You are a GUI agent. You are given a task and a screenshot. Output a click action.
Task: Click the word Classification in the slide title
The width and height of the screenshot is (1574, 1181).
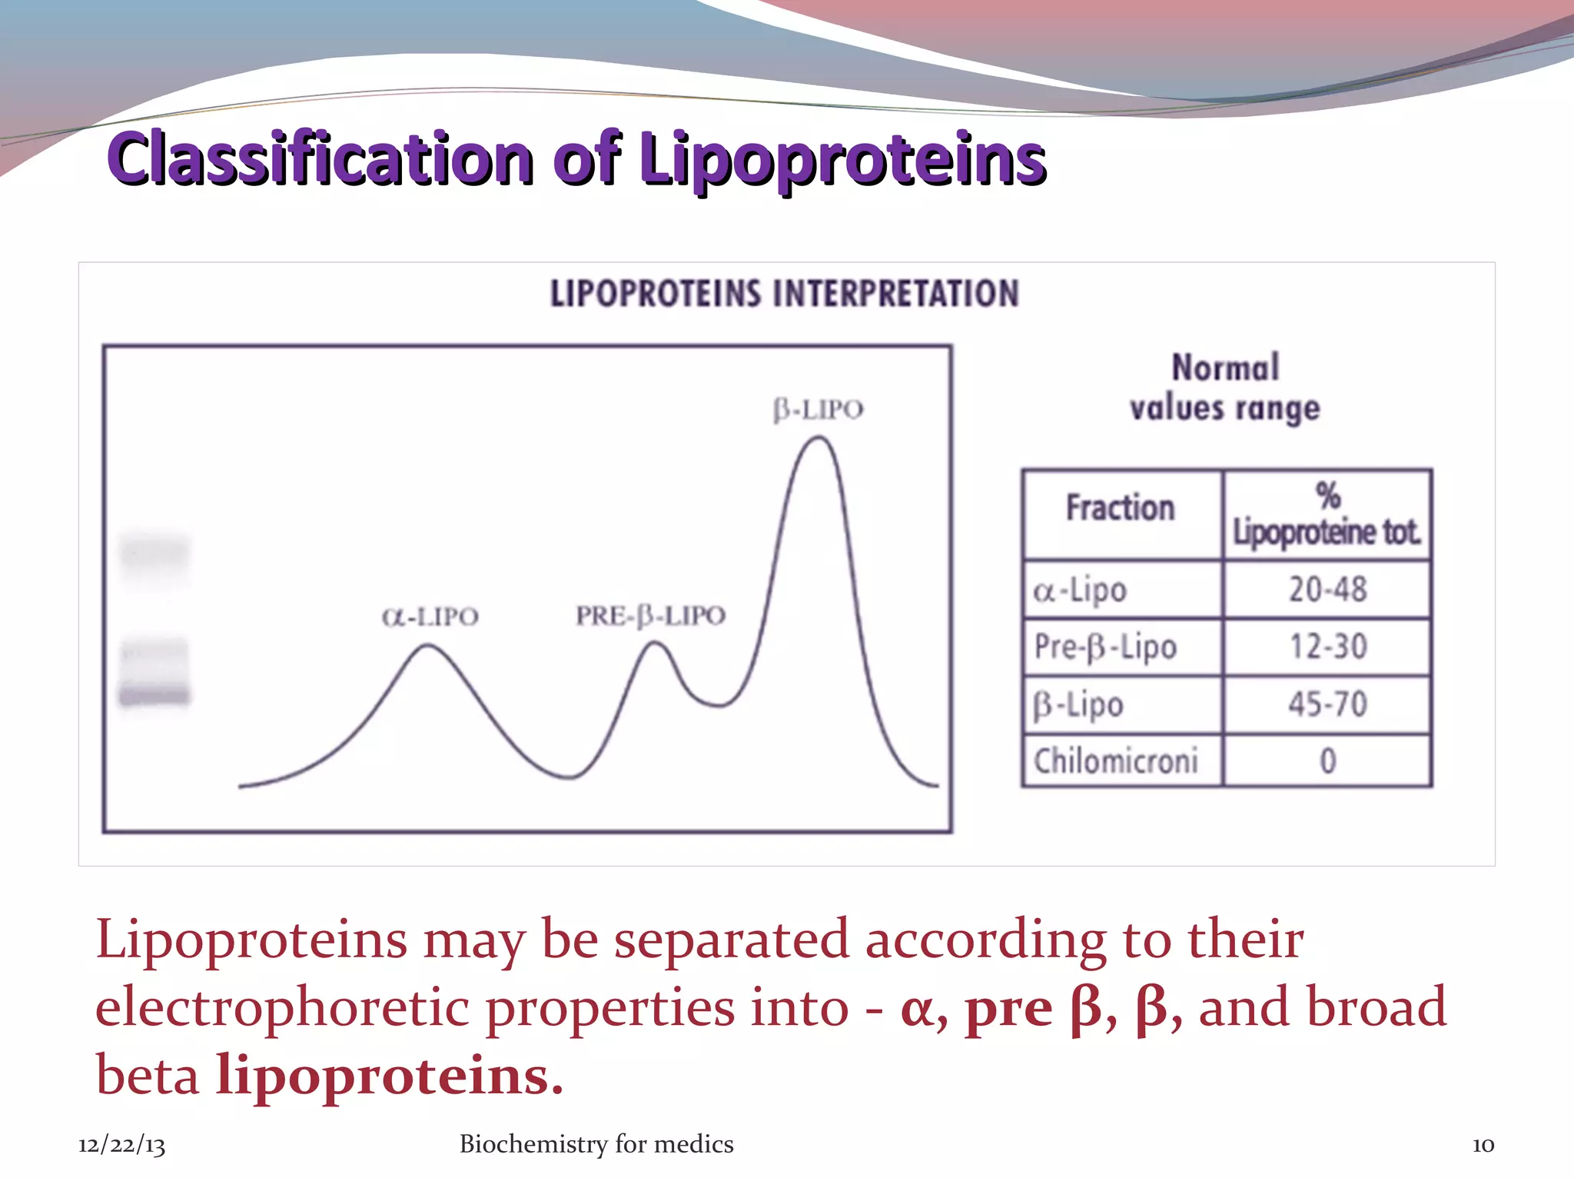(x=320, y=158)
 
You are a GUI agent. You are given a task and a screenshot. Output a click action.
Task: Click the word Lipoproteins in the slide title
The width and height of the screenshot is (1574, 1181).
(x=842, y=158)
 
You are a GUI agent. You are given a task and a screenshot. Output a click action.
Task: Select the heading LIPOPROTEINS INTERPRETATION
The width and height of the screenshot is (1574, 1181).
(x=784, y=294)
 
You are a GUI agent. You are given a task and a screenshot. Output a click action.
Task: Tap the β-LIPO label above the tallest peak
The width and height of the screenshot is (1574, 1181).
(x=818, y=410)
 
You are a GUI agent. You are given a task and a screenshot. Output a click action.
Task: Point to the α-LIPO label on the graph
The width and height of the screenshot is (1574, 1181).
(x=430, y=617)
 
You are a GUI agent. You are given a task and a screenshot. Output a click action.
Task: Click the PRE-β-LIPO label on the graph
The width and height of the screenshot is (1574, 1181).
(x=650, y=616)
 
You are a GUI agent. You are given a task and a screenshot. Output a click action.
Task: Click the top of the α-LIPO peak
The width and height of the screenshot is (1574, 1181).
(x=427, y=647)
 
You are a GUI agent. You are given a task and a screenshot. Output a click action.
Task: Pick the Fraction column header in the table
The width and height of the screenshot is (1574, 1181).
(x=1120, y=508)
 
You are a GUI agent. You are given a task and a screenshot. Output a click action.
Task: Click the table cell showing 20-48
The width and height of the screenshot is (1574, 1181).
(x=1327, y=590)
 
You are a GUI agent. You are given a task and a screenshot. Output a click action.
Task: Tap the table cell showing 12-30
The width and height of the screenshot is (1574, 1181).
(x=1327, y=647)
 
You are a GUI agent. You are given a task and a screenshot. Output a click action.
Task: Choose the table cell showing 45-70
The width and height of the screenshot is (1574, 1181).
(x=1327, y=704)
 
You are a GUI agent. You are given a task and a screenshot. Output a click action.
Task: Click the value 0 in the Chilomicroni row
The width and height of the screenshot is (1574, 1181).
(x=1327, y=761)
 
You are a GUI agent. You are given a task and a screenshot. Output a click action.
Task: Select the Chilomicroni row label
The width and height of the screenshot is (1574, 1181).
(x=1115, y=761)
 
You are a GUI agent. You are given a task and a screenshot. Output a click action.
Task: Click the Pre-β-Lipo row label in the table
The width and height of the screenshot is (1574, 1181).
(x=1105, y=647)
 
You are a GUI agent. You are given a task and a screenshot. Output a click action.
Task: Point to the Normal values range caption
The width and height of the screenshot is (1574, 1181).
(x=1224, y=388)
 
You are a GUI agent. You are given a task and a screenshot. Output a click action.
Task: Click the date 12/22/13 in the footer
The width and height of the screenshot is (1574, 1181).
(x=121, y=1145)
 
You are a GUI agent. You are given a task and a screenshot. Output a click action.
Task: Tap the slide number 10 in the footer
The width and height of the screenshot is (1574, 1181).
(x=1483, y=1145)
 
